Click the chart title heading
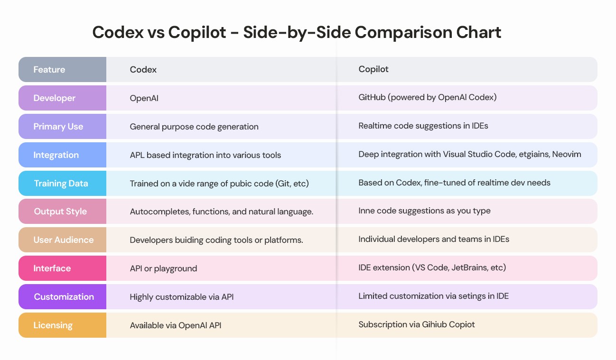[297, 32]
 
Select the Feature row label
[49, 70]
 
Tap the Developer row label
[55, 98]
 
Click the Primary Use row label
[58, 127]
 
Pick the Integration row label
[56, 155]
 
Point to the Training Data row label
[61, 184]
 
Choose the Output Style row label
[60, 212]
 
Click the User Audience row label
[64, 240]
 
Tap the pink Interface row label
[52, 268]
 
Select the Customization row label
[64, 297]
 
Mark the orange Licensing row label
[53, 325]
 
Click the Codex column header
[143, 70]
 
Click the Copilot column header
[373, 69]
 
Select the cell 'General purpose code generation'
[194, 127]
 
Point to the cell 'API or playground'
[163, 268]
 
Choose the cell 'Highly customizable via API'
[182, 297]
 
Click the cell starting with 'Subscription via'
[417, 324]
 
